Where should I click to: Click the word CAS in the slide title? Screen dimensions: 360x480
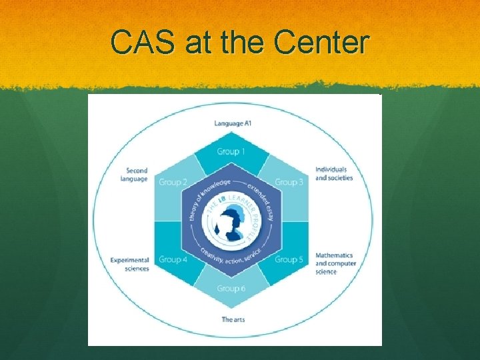141,43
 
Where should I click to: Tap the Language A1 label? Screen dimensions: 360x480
233,123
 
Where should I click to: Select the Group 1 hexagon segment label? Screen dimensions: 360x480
231,151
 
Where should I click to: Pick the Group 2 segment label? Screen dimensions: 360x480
173,182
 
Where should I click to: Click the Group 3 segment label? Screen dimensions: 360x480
289,182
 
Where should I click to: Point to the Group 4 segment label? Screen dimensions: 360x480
173,259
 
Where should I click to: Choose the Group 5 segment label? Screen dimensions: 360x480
289,259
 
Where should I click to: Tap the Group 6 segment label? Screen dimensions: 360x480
231,289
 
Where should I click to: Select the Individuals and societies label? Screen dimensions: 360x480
333,174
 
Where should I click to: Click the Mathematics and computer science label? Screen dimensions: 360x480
335,263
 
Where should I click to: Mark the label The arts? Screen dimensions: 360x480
233,319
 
